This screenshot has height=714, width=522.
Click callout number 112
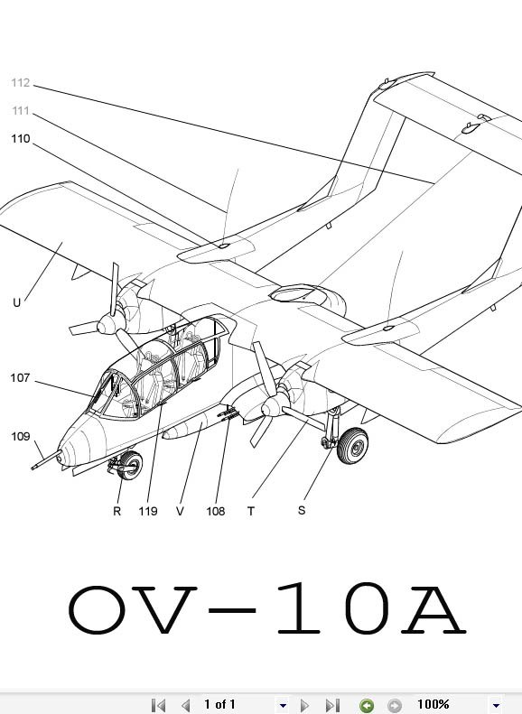point(21,83)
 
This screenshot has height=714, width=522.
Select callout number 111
point(21,111)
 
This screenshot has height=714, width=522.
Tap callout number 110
point(21,138)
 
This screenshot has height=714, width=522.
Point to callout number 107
point(20,378)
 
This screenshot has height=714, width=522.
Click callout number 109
point(21,436)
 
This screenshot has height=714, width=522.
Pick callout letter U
point(17,302)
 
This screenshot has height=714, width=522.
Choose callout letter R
point(117,511)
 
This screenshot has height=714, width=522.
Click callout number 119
point(148,511)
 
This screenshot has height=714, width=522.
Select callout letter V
point(180,511)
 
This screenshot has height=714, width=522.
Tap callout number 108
point(216,511)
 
